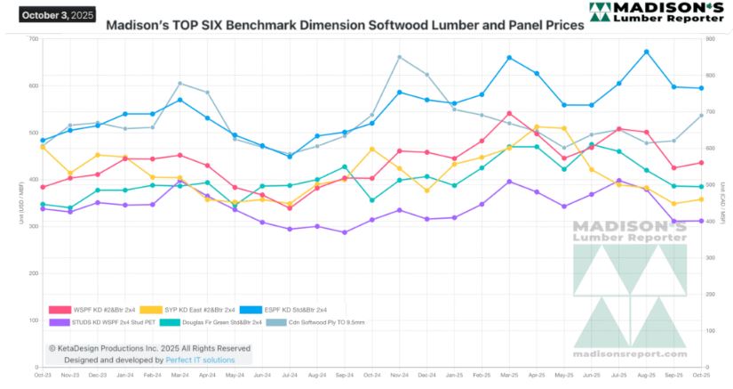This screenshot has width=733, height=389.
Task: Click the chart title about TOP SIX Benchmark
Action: pyautogui.click(x=345, y=26)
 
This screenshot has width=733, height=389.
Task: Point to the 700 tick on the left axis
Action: pyautogui.click(x=33, y=39)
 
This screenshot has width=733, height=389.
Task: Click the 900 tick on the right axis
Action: pyautogui.click(x=707, y=39)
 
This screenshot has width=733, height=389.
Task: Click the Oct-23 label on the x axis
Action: pyautogui.click(x=43, y=376)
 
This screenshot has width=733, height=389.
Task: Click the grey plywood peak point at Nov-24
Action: pyautogui.click(x=399, y=57)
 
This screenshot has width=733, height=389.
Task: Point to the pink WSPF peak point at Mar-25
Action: pyautogui.click(x=509, y=113)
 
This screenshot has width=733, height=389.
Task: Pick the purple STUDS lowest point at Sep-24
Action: pyautogui.click(x=344, y=232)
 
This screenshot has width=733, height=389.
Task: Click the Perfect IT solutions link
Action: pyautogui.click(x=200, y=360)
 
